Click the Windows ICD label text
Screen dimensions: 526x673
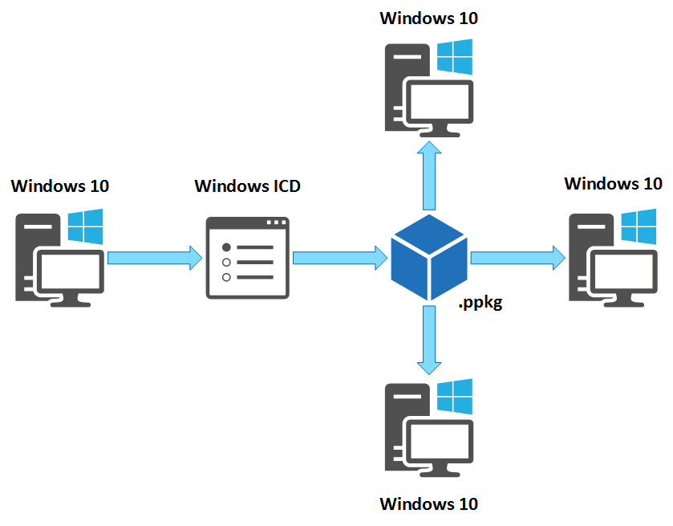coord(249,186)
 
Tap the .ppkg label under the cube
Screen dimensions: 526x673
coord(480,304)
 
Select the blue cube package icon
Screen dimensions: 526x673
coord(428,258)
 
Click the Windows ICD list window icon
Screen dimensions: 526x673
coord(247,258)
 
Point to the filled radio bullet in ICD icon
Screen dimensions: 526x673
coord(226,247)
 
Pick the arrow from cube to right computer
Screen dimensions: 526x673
coord(517,257)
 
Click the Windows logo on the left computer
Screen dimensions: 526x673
coord(86,227)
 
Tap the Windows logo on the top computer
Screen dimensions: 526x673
coord(455,59)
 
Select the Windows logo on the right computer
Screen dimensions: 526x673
coord(639,227)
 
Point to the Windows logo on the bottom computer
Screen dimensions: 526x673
coord(455,395)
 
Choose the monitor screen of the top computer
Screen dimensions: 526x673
coord(440,104)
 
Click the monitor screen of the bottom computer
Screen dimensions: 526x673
coord(440,441)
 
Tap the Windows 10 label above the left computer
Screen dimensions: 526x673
coord(60,186)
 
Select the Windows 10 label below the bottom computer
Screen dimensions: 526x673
coord(428,504)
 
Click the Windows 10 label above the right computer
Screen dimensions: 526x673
coord(613,183)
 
